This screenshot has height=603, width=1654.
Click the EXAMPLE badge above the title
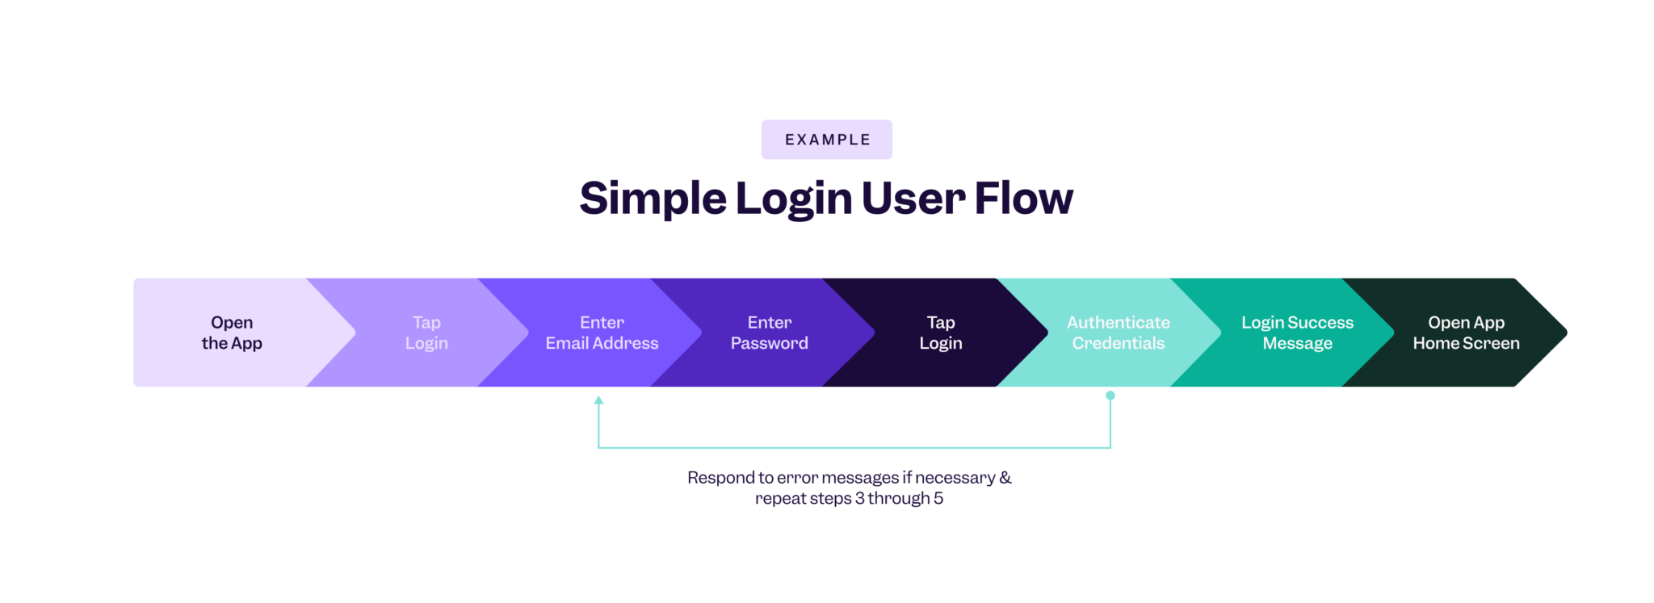[x=826, y=140]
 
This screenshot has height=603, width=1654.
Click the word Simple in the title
[x=653, y=199]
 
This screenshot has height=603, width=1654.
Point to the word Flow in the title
[x=1023, y=199]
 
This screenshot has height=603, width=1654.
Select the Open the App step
[x=232, y=333]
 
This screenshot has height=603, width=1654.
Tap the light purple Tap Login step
[x=426, y=333]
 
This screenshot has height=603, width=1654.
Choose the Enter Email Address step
[x=602, y=333]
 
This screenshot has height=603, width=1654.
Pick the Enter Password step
[x=769, y=333]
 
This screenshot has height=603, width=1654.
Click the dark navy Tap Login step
[x=941, y=333]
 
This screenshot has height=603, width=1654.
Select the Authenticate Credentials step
[x=1119, y=333]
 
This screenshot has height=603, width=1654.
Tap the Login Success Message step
[x=1297, y=333]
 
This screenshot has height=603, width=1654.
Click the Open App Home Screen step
[x=1466, y=333]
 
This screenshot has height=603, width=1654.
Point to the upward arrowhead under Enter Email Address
[x=598, y=400]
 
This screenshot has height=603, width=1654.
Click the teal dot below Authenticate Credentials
[x=1110, y=396]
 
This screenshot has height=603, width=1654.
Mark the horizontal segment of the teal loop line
[x=854, y=447]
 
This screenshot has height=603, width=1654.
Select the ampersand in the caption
[x=1005, y=478]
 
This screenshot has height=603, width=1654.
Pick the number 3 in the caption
[x=859, y=499]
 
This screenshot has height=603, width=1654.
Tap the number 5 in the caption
[x=938, y=499]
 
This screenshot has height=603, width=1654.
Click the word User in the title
[x=913, y=199]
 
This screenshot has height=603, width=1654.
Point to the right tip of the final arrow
[x=1564, y=333]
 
